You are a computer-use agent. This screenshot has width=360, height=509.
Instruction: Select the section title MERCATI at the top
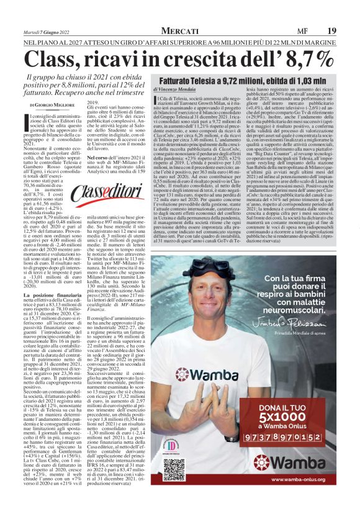(x=179, y=30)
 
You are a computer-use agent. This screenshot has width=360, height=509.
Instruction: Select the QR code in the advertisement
(x=174, y=471)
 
